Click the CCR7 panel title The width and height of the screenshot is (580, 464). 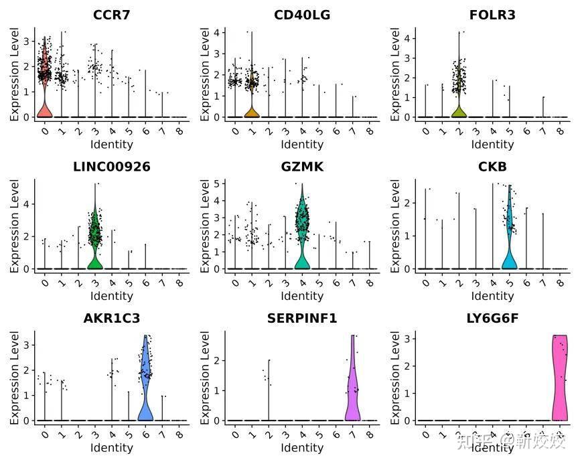pos(112,15)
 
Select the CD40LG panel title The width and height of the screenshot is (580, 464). pos(302,15)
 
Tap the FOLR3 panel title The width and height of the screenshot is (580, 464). pos(492,15)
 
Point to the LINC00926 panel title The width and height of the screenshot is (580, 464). pos(112,167)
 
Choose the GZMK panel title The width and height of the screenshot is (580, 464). pos(302,167)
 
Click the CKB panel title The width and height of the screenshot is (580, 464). pos(492,167)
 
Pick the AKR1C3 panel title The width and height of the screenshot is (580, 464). pos(112,319)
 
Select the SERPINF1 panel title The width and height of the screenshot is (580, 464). pos(302,319)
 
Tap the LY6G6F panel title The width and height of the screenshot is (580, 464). pos(492,319)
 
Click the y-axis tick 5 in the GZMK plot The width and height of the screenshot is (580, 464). pos(217,183)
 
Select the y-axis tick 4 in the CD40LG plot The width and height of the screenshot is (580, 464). pos(217,32)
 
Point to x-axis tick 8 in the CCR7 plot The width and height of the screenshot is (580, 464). pos(179,131)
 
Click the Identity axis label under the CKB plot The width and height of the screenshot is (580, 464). pos(492,296)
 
